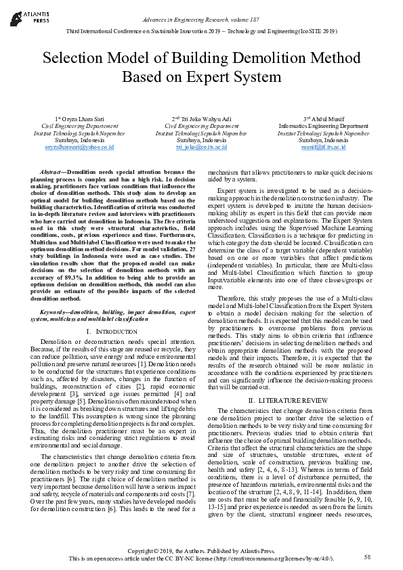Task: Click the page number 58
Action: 368,556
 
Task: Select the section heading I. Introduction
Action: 108,330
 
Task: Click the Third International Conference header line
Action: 201,32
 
